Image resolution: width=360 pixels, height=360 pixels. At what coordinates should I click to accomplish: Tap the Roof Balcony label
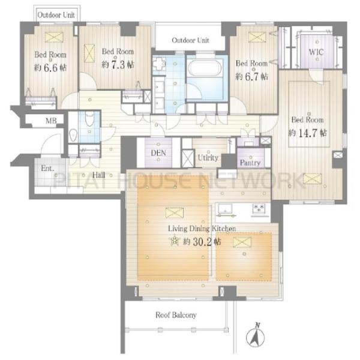coord(176,315)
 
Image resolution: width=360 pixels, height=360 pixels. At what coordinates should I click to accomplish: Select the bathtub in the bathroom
coord(205,68)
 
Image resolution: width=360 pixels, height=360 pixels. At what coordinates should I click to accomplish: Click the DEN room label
coord(158,153)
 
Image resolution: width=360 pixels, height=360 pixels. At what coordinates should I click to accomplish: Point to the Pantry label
coord(250,163)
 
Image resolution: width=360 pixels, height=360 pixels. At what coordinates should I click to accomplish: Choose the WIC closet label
coord(316,52)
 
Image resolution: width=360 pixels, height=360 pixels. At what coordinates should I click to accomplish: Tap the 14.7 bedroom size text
coord(307,133)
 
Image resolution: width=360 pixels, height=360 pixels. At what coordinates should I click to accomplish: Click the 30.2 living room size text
coord(202,242)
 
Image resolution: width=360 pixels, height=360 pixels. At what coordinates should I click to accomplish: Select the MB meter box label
coord(51,121)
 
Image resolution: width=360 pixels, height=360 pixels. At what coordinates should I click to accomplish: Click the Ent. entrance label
coord(47,168)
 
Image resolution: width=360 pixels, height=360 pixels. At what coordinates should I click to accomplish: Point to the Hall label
coord(98,175)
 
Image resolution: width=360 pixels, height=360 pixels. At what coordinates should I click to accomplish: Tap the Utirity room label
coord(208,158)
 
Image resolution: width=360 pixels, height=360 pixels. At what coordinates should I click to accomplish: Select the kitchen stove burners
coord(259,208)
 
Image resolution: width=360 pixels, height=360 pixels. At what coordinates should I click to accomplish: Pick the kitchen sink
coord(225,209)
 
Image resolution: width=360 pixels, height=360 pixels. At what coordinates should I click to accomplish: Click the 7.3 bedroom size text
coord(118,65)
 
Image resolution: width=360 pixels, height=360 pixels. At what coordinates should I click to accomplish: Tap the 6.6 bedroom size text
coord(50,68)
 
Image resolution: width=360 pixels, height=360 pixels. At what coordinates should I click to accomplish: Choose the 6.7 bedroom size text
coord(251,76)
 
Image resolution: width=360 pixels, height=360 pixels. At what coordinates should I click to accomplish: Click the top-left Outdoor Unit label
coord(56,15)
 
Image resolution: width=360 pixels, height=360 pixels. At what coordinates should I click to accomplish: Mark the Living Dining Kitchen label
coord(202,229)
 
